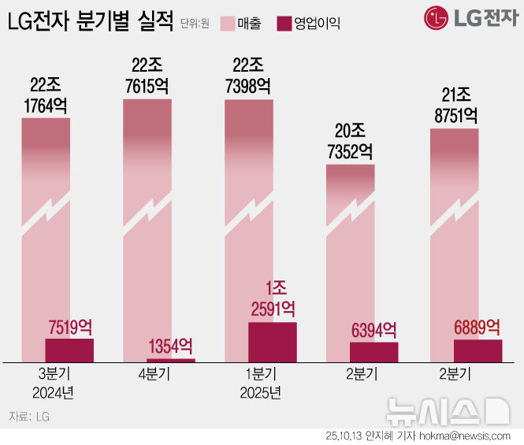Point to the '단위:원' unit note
(x=194, y=23)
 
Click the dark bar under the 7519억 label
(x=69, y=350)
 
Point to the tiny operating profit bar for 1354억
(x=171, y=360)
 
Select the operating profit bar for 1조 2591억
(x=273, y=342)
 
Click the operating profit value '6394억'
(x=373, y=330)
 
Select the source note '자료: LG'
(x=29, y=415)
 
